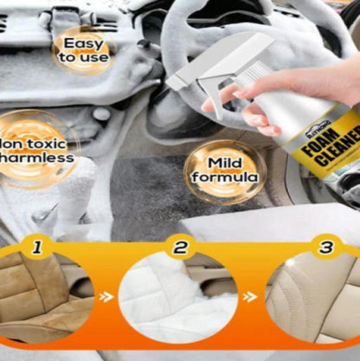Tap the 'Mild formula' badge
point(220,170)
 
